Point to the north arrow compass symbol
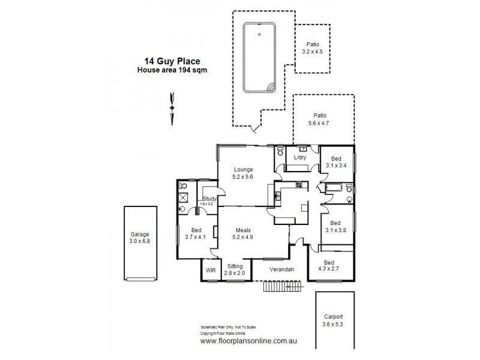tap(173, 108)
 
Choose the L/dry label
tap(299, 158)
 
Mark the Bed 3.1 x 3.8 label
tap(337, 225)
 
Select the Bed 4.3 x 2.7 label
tap(329, 266)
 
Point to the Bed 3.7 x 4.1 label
tap(196, 234)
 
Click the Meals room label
tap(243, 234)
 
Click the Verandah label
tap(281, 269)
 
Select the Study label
tap(209, 200)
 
